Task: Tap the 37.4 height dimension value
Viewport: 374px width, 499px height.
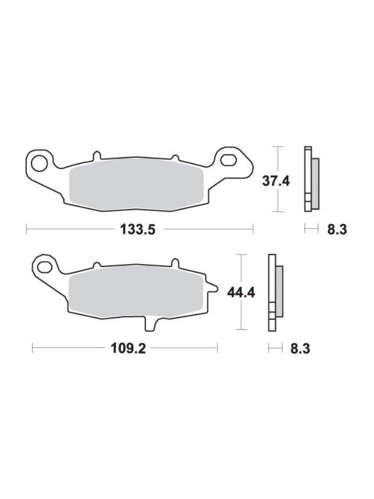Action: tap(276, 181)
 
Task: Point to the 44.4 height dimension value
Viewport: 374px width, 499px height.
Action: tap(241, 293)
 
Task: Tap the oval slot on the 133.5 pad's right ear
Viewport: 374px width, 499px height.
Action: tap(230, 160)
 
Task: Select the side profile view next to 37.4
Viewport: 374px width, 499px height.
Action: tap(311, 179)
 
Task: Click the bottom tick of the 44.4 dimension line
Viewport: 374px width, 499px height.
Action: tap(241, 329)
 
